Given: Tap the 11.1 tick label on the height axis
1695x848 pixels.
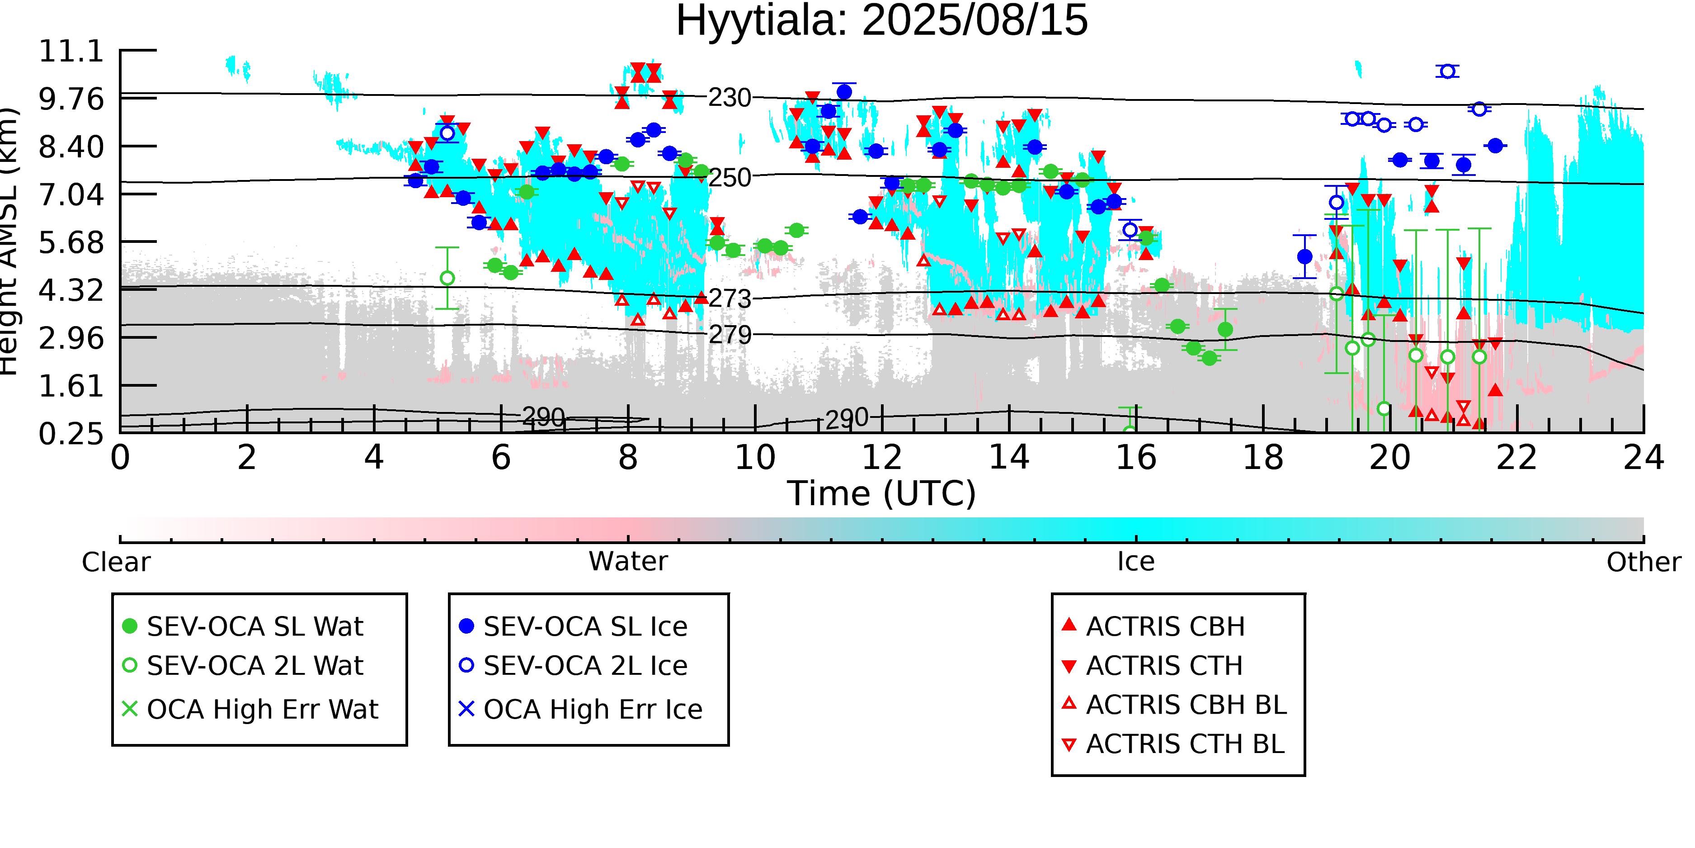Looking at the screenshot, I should [71, 52].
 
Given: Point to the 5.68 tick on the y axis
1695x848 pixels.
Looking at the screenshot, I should [71, 242].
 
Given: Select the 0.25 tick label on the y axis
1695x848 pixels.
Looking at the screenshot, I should [71, 434].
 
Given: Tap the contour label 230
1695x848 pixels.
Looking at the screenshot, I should [729, 98].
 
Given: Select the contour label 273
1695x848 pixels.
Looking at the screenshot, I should [729, 299].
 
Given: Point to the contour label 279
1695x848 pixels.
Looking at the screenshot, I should [729, 335].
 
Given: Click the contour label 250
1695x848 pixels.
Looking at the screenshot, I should [729, 178].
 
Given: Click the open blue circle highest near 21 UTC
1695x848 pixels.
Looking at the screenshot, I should [1447, 71].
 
